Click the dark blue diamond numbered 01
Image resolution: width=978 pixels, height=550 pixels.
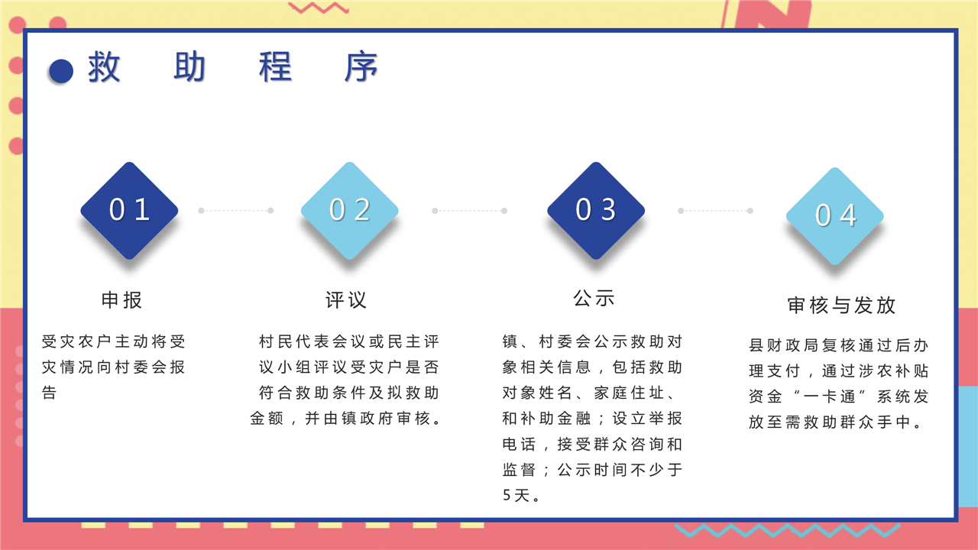pyautogui.click(x=129, y=210)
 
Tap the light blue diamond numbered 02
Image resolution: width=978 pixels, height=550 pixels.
pyautogui.click(x=350, y=210)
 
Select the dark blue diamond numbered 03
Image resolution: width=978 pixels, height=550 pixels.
pyautogui.click(x=596, y=210)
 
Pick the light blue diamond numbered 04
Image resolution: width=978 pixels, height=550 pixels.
pyautogui.click(x=835, y=216)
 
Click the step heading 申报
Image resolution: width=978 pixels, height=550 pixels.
pyautogui.click(x=121, y=300)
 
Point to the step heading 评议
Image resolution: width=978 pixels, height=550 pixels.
pyautogui.click(x=346, y=300)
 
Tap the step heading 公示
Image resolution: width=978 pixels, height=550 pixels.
pyautogui.click(x=594, y=299)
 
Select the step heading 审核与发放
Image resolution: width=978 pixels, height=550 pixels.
pyautogui.click(x=842, y=305)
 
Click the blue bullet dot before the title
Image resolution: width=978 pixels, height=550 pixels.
pyautogui.click(x=61, y=71)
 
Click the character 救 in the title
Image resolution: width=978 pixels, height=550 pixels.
pyautogui.click(x=104, y=66)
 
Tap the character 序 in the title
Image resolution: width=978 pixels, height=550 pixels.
pyautogui.click(x=361, y=66)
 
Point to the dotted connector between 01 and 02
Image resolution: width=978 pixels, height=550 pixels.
pyautogui.click(x=236, y=210)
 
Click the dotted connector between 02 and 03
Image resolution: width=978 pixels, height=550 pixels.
pyautogui.click(x=469, y=211)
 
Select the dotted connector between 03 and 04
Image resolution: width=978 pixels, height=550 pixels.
pyautogui.click(x=715, y=211)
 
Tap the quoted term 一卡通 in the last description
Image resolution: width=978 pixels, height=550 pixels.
pyautogui.click(x=830, y=396)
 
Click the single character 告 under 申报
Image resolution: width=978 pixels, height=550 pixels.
pyautogui.click(x=49, y=393)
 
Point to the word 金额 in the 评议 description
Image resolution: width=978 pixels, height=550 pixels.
pyautogui.click(x=267, y=419)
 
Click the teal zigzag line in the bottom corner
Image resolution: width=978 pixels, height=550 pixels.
pyautogui.click(x=787, y=530)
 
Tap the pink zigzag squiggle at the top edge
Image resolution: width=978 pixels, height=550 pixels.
pyautogui.click(x=319, y=8)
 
